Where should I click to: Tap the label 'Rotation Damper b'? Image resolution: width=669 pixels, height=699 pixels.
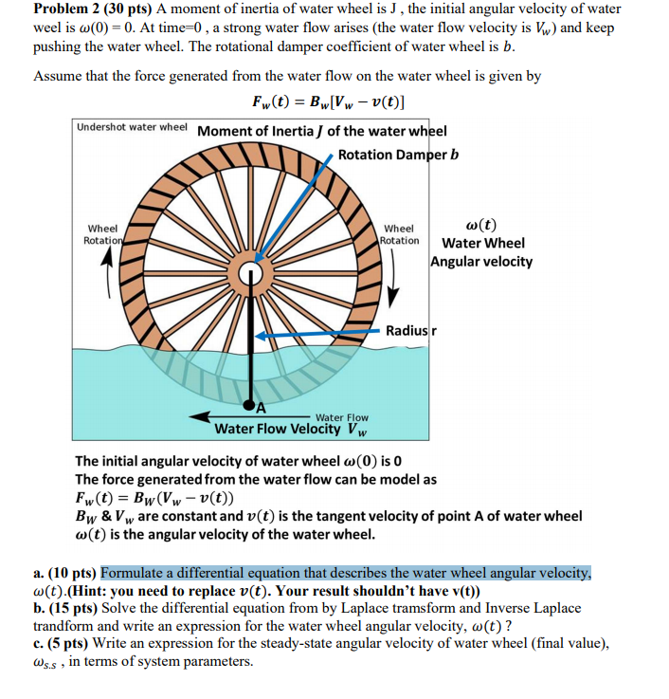[x=398, y=155]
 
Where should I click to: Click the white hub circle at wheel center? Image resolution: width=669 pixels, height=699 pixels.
[x=251, y=275]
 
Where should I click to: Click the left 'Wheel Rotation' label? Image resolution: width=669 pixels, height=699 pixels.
[x=102, y=234]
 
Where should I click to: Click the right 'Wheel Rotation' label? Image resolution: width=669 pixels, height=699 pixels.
[x=399, y=234]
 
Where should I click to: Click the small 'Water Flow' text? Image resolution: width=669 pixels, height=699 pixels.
[x=341, y=417]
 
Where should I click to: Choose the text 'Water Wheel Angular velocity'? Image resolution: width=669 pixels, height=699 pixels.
[x=482, y=251]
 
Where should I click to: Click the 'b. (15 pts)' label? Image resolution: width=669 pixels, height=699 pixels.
[x=65, y=608]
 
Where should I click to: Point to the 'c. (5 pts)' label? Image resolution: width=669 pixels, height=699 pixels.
[x=62, y=643]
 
